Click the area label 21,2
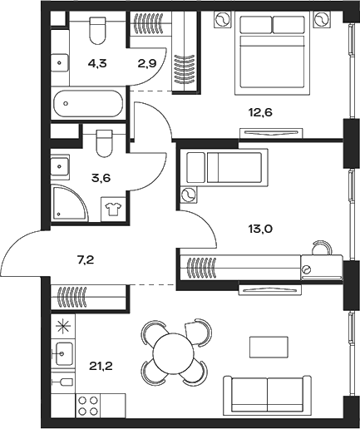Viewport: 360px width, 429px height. [x=101, y=367]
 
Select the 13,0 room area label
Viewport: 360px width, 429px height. [x=259, y=229]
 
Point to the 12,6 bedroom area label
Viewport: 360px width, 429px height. [x=259, y=112]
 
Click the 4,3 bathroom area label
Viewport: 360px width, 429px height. [x=97, y=64]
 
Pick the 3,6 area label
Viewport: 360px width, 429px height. [x=101, y=178]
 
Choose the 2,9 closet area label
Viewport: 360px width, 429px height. [x=147, y=64]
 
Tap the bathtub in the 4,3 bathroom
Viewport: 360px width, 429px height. [x=88, y=103]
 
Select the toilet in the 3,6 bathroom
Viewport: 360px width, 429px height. [x=105, y=144]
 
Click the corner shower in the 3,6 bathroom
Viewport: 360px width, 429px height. [x=70, y=204]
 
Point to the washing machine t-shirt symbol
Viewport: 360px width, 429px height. [x=113, y=209]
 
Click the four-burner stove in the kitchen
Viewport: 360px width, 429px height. [x=88, y=405]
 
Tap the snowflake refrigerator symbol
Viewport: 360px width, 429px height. [x=63, y=326]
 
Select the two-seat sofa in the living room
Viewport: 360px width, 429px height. [x=267, y=395]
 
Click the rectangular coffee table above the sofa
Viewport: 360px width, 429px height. [x=269, y=347]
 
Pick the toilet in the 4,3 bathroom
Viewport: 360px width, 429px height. [x=98, y=31]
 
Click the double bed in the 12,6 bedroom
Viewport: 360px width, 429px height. [x=272, y=53]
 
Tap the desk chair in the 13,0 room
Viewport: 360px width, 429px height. [x=322, y=248]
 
